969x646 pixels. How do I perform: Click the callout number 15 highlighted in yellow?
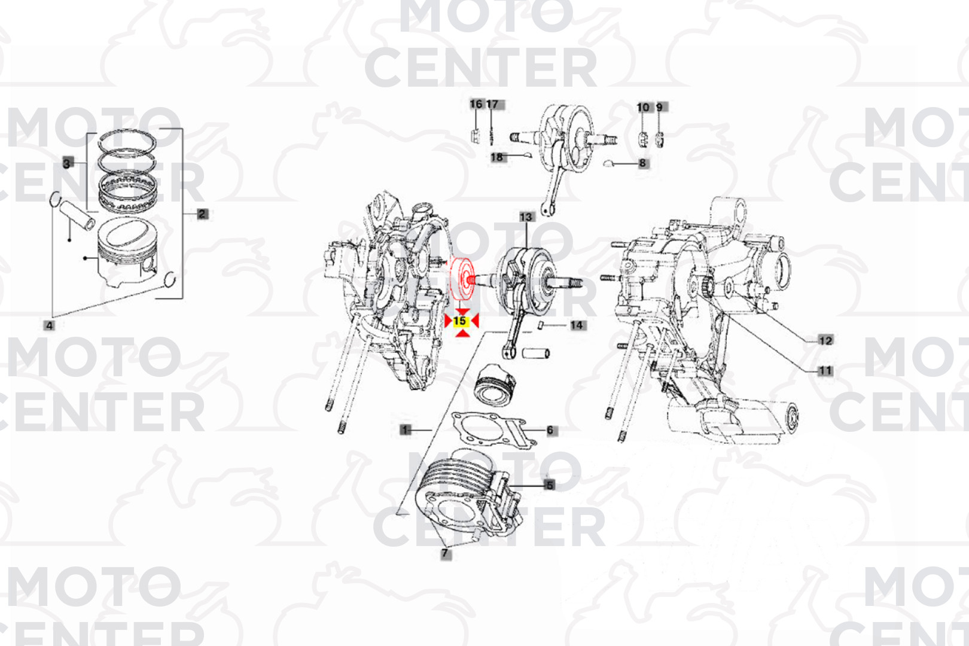coord(460,321)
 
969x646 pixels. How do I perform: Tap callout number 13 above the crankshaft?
coord(526,217)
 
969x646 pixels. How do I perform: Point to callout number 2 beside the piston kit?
coord(202,214)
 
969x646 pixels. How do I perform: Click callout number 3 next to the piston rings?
coord(67,163)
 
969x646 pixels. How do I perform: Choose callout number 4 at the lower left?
coord(49,326)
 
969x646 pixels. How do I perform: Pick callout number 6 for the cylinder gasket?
coord(550,430)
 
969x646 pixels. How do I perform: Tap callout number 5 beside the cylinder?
coord(550,485)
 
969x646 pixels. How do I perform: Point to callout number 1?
coord(406,429)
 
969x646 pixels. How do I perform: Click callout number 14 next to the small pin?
coord(577,325)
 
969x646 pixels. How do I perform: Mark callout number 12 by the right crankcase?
coord(825,340)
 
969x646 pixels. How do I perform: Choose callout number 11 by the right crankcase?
coord(825,371)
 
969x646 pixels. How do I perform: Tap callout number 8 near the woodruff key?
coord(643,163)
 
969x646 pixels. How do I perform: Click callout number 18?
coord(497,157)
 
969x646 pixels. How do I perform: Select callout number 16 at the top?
coord(476,104)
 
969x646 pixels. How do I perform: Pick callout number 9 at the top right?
coord(660,107)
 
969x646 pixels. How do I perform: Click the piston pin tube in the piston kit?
coord(77,214)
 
